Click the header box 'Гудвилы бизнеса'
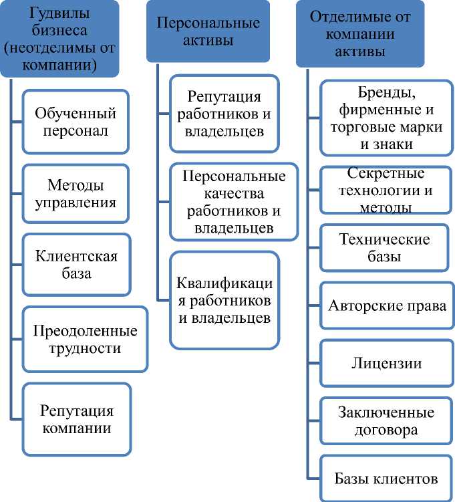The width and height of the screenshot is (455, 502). pyautogui.click(x=59, y=39)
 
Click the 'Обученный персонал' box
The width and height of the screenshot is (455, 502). pyautogui.click(x=75, y=122)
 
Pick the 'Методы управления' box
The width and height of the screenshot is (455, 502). pyautogui.click(x=75, y=193)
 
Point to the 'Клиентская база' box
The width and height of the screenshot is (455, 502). pyautogui.click(x=75, y=265)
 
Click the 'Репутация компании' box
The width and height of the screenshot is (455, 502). pyautogui.click(x=76, y=419)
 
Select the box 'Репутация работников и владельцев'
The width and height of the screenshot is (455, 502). pyautogui.click(x=223, y=114)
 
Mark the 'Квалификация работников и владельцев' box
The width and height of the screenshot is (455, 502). pyautogui.click(x=224, y=300)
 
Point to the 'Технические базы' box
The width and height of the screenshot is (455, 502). pyautogui.click(x=384, y=247)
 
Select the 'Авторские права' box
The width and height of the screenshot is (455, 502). pyautogui.click(x=387, y=306)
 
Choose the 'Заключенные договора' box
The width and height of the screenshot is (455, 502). pyautogui.click(x=386, y=420)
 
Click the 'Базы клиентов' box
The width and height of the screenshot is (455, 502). pyautogui.click(x=386, y=478)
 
